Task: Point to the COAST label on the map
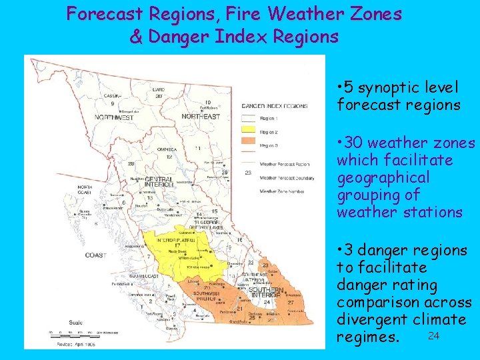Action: pos(95,255)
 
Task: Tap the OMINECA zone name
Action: pos(167,149)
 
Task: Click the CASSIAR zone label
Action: pos(112,96)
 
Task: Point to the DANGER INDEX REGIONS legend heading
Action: pos(274,106)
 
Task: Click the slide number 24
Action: pos(433,335)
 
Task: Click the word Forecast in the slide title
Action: pos(109,14)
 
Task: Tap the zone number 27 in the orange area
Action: pos(290,302)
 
